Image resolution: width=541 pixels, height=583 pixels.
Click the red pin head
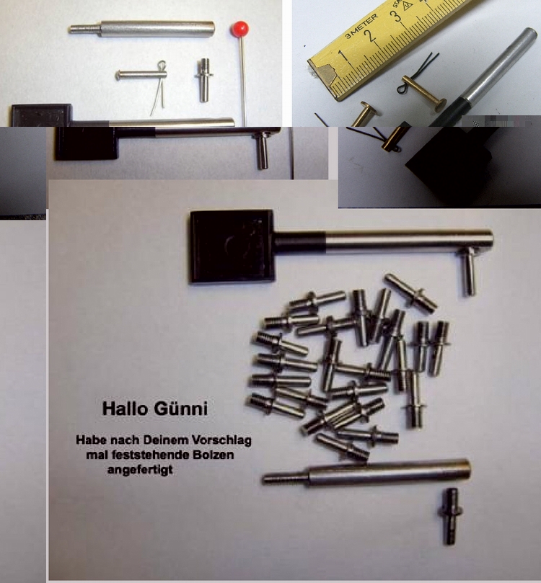point(239,29)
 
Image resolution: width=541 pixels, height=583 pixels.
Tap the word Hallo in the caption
point(125,409)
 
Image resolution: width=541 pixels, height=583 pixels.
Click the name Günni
point(180,409)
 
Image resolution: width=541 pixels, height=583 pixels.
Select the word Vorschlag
point(221,440)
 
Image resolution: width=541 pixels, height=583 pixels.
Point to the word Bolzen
point(214,455)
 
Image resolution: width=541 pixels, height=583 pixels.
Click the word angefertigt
point(140,470)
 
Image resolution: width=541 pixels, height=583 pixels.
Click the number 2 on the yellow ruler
point(369,37)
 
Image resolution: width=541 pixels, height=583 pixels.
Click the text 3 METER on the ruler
point(361,27)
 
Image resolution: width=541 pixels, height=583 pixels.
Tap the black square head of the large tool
point(232,247)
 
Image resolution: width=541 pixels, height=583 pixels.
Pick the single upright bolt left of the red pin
point(203,80)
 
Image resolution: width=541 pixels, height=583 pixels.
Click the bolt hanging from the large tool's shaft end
point(469,272)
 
